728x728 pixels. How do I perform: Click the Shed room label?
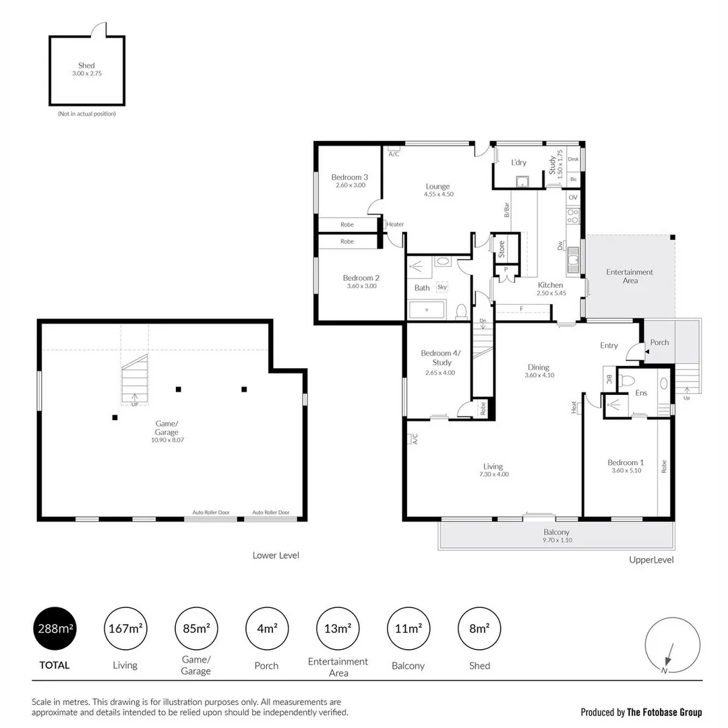(86, 65)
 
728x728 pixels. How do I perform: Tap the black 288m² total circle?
(55, 628)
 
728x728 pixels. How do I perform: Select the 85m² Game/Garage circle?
(195, 628)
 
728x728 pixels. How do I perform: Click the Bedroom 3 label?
(348, 177)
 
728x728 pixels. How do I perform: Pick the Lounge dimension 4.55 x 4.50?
(438, 194)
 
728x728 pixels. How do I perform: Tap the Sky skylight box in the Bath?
(442, 287)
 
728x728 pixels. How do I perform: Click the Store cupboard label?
(502, 249)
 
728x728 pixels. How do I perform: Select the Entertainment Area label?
(630, 276)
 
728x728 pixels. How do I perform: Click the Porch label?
(659, 342)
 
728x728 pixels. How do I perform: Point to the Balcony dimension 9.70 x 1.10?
(556, 540)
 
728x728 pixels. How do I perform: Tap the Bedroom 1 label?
(625, 462)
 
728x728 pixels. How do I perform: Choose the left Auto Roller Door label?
(211, 512)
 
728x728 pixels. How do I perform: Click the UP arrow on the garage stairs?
(135, 400)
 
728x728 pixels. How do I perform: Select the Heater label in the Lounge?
(395, 224)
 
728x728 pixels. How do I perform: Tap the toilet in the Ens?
(627, 380)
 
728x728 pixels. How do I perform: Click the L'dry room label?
(518, 162)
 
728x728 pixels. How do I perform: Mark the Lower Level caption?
(276, 555)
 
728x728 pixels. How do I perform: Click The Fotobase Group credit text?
(664, 712)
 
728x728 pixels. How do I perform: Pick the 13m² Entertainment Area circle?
(338, 628)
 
